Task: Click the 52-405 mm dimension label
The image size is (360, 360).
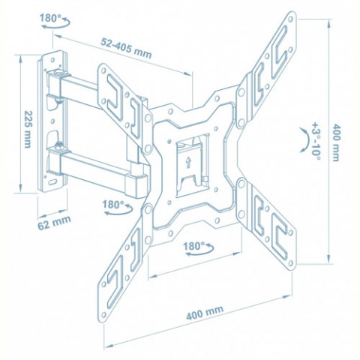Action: point(126,48)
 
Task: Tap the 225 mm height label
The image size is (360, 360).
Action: point(27,129)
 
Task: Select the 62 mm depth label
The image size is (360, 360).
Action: point(54,223)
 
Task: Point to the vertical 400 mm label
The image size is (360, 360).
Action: point(335,142)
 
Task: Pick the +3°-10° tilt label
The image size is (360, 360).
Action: point(316,141)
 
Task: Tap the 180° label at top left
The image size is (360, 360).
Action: point(50,18)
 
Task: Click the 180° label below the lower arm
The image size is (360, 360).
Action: point(113,204)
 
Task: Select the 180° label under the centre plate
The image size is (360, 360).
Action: point(194,246)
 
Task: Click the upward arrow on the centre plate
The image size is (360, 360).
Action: point(188,163)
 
